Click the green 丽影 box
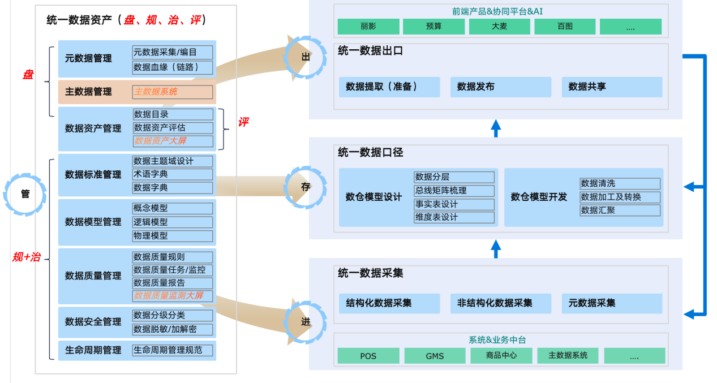(x=368, y=27)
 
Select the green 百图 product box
(x=565, y=27)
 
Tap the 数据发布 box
(x=501, y=87)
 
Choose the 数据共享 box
(x=612, y=87)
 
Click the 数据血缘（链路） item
(x=173, y=68)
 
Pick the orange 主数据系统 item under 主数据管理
(x=173, y=92)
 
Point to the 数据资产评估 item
(x=173, y=128)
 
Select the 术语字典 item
(x=173, y=174)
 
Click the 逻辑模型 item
(x=173, y=222)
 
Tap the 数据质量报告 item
(x=173, y=283)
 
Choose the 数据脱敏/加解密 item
(x=173, y=329)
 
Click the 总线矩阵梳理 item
(x=454, y=191)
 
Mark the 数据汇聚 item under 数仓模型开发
(x=620, y=210)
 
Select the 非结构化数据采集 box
(x=501, y=303)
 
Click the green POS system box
(x=368, y=356)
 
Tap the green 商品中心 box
(x=501, y=355)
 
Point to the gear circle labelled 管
(x=25, y=194)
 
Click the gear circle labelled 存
(x=306, y=187)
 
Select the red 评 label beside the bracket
(x=243, y=122)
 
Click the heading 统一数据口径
(x=370, y=153)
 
